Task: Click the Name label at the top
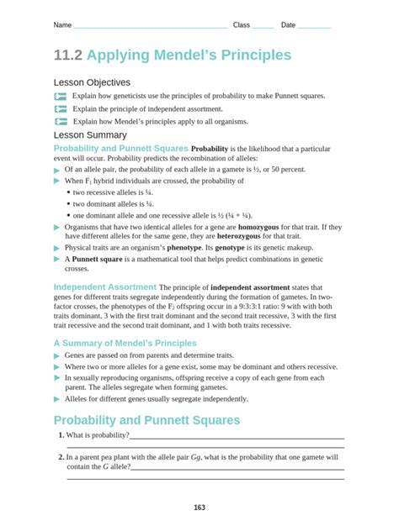[x=62, y=25]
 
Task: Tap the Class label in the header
[x=242, y=25]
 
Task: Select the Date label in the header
[x=288, y=25]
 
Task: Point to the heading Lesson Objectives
[x=92, y=82]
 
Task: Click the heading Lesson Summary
[x=90, y=134]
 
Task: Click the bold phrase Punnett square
[x=97, y=260]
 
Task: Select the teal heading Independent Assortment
[x=104, y=287]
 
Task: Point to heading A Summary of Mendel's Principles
[x=125, y=343]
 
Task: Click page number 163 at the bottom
[x=199, y=507]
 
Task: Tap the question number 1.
[x=61, y=435]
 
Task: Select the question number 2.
[x=61, y=458]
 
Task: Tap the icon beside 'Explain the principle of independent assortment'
[x=60, y=109]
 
